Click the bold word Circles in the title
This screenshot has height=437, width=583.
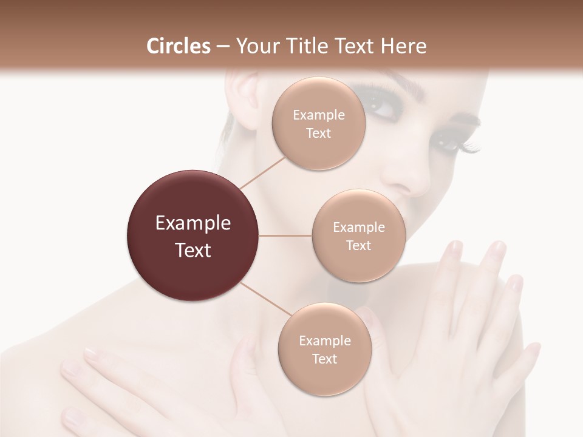[x=179, y=46]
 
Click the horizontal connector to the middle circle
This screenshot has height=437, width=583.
[x=285, y=235]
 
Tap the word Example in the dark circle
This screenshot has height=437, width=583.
[x=193, y=223]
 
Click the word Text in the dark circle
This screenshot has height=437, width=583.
[x=193, y=249]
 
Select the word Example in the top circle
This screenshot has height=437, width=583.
[x=318, y=115]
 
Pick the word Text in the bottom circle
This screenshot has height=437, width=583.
[x=324, y=359]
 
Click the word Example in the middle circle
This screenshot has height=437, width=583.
[x=358, y=228]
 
